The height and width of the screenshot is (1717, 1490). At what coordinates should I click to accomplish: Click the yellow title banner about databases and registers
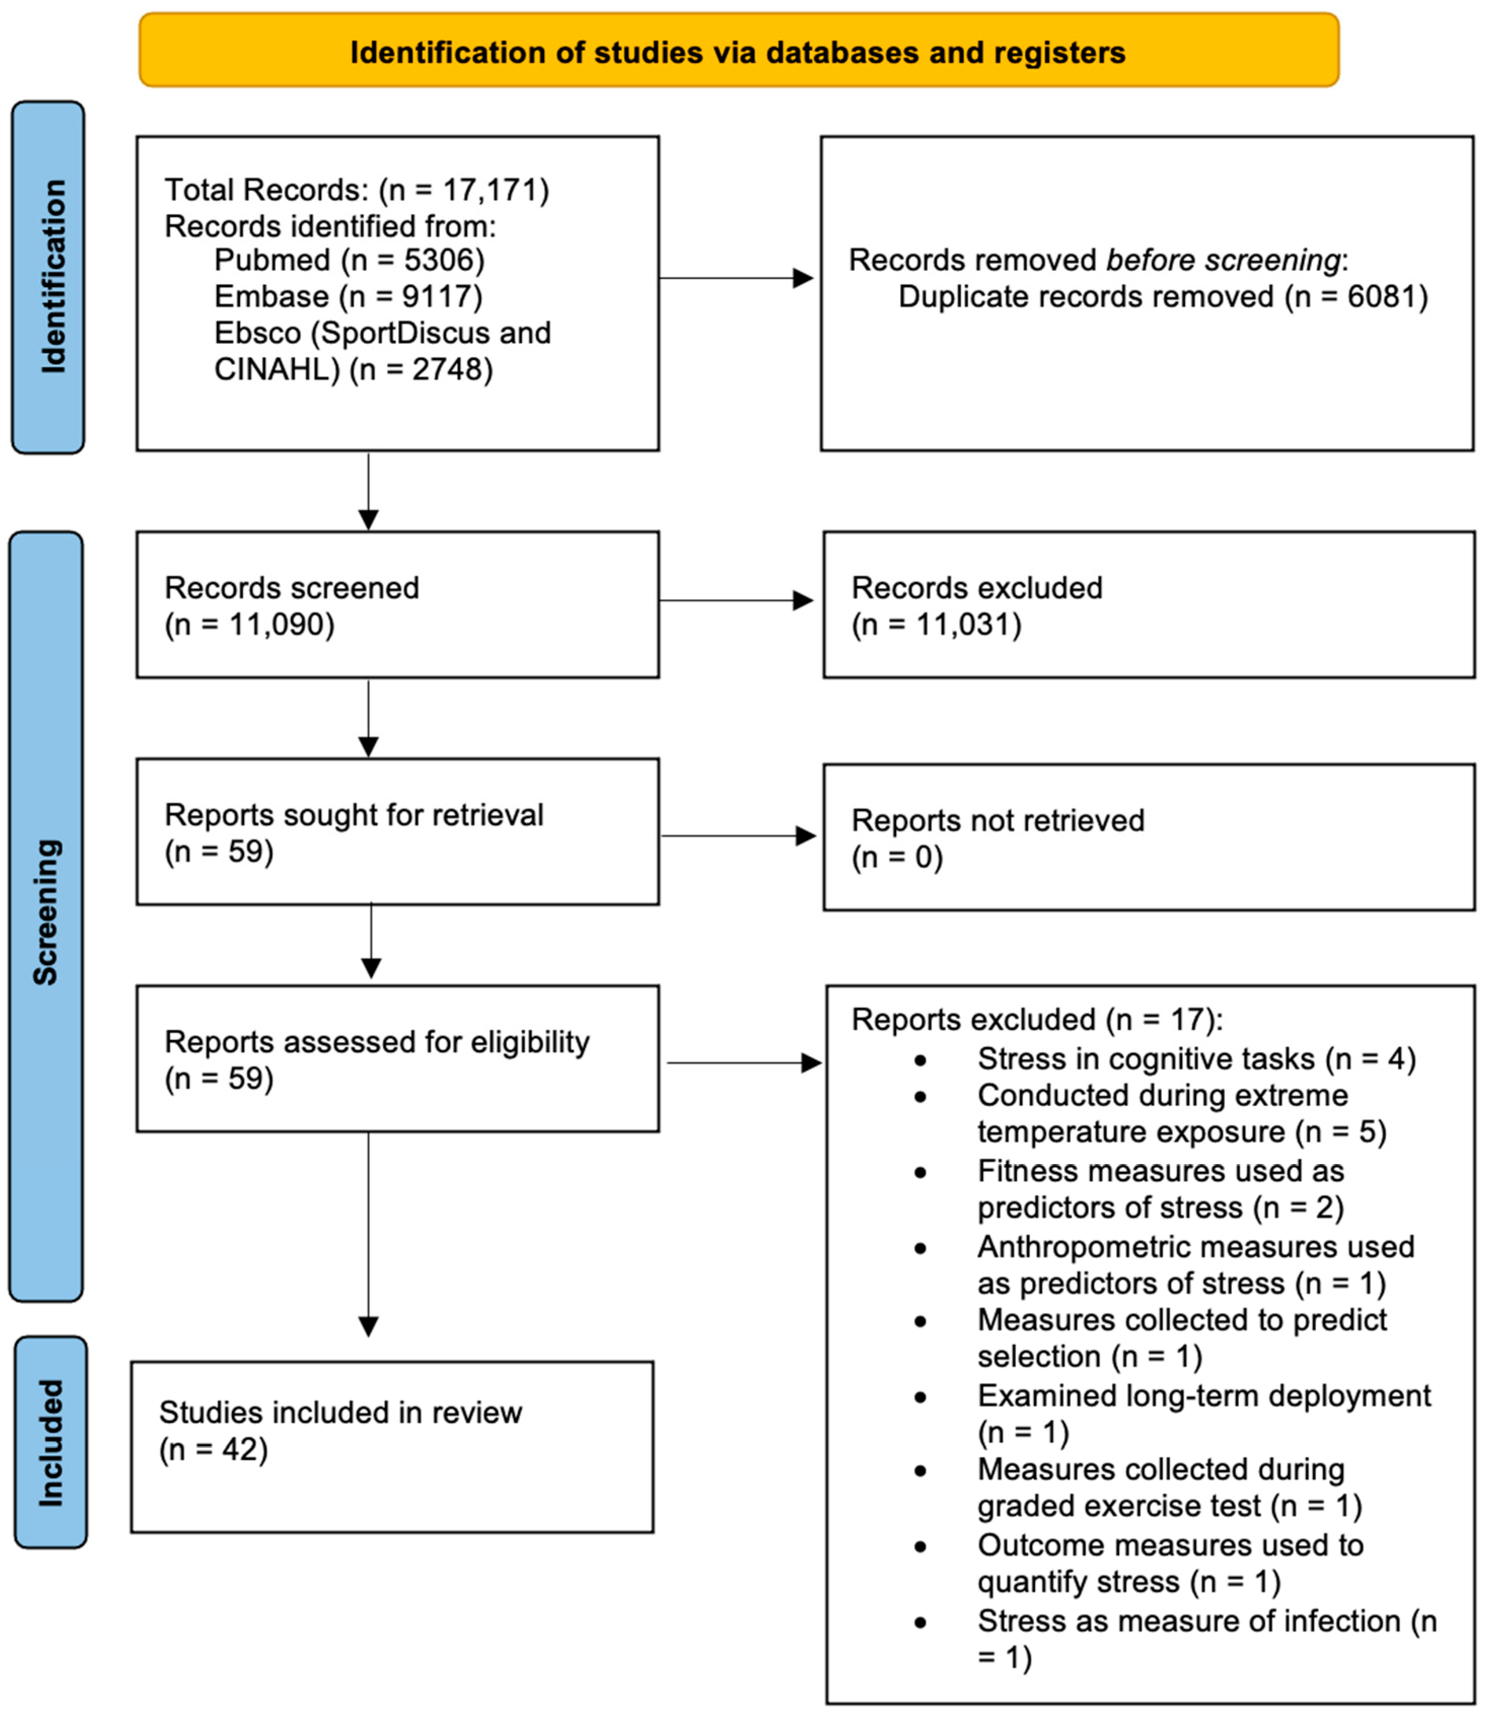click(x=738, y=52)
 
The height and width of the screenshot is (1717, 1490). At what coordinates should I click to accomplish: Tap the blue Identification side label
click(x=48, y=277)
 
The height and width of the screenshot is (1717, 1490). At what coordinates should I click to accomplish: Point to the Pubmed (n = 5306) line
click(x=349, y=260)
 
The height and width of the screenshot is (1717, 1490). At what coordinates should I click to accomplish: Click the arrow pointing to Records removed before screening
click(x=736, y=278)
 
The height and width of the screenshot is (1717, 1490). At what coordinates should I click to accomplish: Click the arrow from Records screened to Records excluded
click(x=736, y=600)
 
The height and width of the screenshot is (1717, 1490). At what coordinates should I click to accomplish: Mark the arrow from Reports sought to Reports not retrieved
click(x=738, y=836)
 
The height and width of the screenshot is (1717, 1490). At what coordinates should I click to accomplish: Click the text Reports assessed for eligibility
click(x=377, y=1042)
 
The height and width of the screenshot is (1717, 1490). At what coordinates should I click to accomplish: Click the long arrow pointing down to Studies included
click(x=369, y=1231)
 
